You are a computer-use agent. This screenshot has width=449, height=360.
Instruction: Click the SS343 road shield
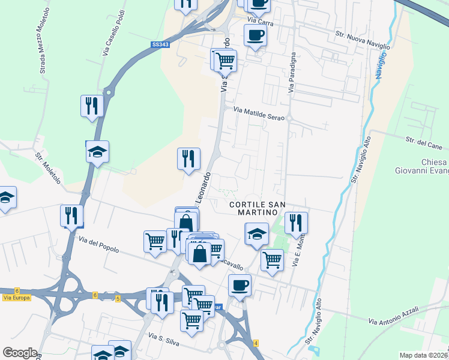[161, 44]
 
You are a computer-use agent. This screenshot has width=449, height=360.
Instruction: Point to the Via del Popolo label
[99, 244]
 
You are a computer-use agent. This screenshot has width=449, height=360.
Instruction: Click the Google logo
[20, 352]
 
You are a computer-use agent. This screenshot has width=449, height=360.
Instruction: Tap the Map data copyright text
[424, 355]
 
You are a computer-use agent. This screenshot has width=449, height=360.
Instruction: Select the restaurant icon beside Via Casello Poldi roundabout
[92, 106]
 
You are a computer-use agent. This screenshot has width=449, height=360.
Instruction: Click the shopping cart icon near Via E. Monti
[272, 260]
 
